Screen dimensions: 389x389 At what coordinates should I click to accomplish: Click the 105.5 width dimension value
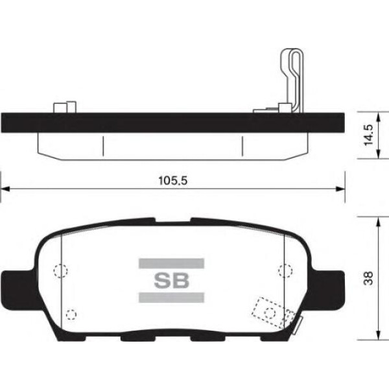pyautogui.click(x=173, y=181)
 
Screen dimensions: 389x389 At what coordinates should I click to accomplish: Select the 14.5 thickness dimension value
pyautogui.click(x=368, y=135)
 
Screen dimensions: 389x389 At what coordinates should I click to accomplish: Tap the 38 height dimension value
pyautogui.click(x=368, y=278)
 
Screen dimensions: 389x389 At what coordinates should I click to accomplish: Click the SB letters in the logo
pyautogui.click(x=171, y=281)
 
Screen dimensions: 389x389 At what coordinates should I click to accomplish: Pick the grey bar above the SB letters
pyautogui.click(x=171, y=263)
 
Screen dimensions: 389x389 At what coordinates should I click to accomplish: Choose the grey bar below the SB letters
pyautogui.click(x=171, y=298)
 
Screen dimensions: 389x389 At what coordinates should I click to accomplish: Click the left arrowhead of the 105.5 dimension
pyautogui.click(x=5, y=189)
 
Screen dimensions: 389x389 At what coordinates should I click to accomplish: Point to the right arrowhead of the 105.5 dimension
pyautogui.click(x=340, y=189)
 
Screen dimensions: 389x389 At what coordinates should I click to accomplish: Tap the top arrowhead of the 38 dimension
pyautogui.click(x=378, y=221)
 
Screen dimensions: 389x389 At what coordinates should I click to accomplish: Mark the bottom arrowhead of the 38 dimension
pyautogui.click(x=378, y=335)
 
